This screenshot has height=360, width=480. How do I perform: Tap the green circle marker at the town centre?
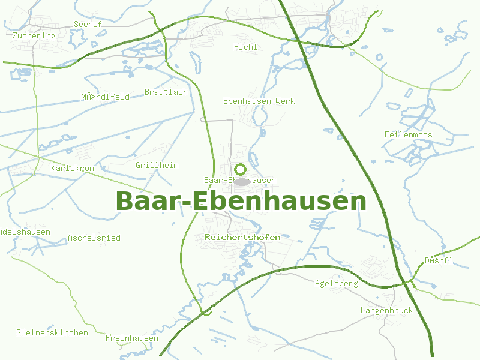point(241,169)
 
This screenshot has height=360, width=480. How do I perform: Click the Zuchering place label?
point(34,35)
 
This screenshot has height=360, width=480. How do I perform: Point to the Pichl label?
point(245,47)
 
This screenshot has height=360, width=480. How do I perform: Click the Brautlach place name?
point(166,92)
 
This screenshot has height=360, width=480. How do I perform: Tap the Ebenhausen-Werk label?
point(259,101)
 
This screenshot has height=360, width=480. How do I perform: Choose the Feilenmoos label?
point(408,134)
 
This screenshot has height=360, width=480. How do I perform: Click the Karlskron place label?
point(73,168)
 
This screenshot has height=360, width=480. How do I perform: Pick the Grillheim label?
point(157,165)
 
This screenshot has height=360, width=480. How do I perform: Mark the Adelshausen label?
point(25,232)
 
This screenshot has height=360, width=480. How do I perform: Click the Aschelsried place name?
point(94,238)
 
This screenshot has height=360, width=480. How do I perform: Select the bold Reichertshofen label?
point(242,237)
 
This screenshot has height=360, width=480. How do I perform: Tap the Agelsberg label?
point(336,283)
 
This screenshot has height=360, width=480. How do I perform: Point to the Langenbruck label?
point(386,310)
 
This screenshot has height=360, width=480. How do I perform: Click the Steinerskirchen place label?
point(52,332)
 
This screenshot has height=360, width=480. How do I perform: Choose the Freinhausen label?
point(132,338)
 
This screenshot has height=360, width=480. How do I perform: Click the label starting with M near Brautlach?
point(106,97)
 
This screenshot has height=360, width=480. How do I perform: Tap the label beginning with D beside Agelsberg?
point(439,260)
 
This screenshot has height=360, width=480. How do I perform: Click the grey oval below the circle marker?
point(241,181)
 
